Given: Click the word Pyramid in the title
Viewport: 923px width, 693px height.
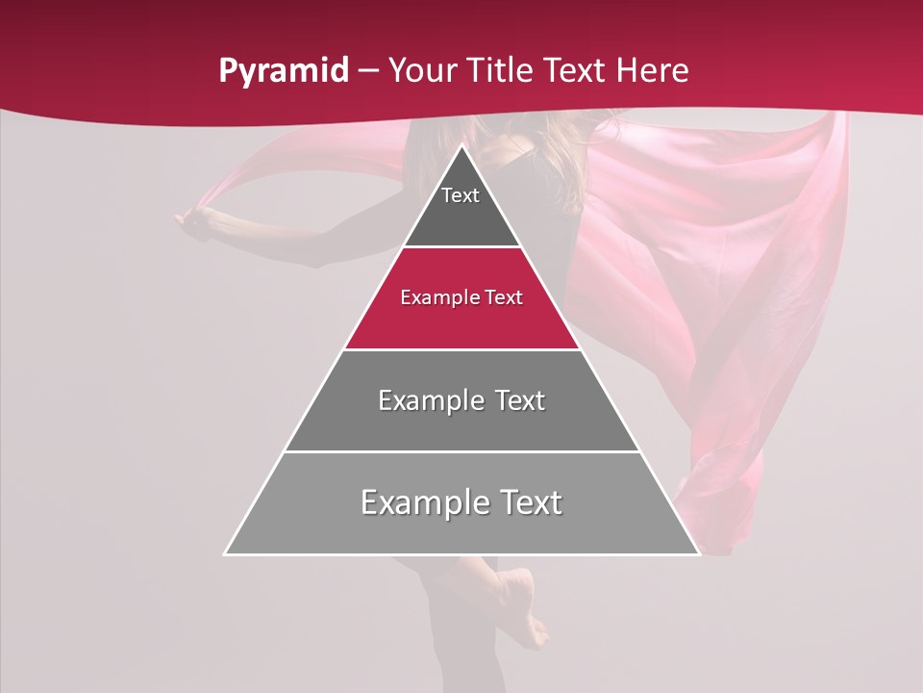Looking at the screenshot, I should point(283,71).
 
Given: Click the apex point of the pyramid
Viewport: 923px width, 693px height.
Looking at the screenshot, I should point(461,146).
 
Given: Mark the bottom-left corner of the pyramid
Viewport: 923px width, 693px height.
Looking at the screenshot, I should point(226,553).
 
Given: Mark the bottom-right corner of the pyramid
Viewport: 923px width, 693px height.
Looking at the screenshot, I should point(698,553).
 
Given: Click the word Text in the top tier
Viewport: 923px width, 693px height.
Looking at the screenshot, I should point(461,195).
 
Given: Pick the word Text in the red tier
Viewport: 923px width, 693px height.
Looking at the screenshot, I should point(504,297).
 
